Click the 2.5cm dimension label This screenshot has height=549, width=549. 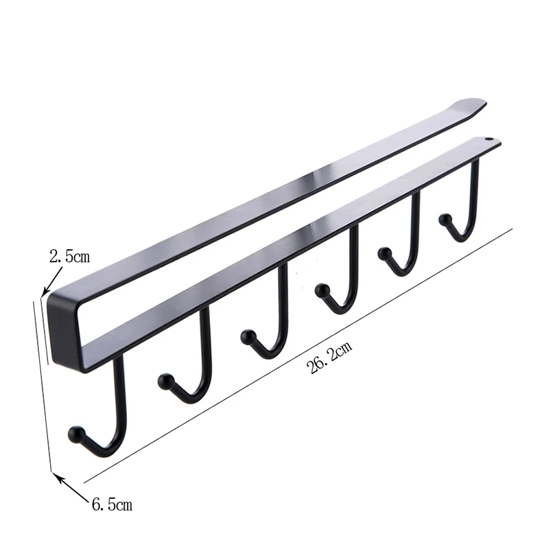70,256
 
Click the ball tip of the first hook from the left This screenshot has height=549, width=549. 76,434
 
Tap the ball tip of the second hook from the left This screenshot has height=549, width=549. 165,381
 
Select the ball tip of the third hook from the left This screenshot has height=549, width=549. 248,336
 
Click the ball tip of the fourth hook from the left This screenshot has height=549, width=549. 322,290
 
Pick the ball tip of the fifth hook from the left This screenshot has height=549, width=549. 385,253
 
